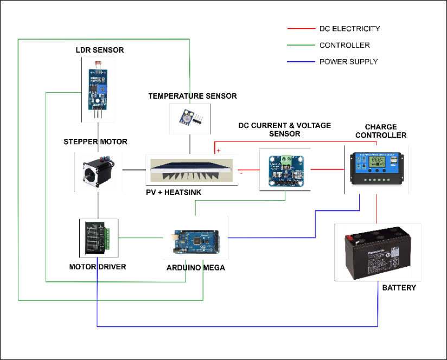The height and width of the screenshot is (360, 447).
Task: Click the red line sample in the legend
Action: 301,28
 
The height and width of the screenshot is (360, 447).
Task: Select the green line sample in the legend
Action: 301,45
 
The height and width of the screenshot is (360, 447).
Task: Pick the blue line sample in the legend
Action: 301,61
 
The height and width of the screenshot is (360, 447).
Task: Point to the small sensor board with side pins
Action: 190,120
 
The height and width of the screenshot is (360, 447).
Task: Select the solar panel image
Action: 191,170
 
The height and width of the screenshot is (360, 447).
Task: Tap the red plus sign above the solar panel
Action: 218,151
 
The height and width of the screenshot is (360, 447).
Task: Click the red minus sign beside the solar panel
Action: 241,173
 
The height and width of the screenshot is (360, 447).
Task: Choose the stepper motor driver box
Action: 98,237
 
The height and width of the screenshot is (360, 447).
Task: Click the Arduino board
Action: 195,241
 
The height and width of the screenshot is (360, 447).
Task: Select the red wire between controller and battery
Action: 376,208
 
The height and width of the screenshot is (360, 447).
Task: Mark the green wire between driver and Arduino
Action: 141,237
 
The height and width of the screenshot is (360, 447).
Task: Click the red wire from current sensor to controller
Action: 327,170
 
